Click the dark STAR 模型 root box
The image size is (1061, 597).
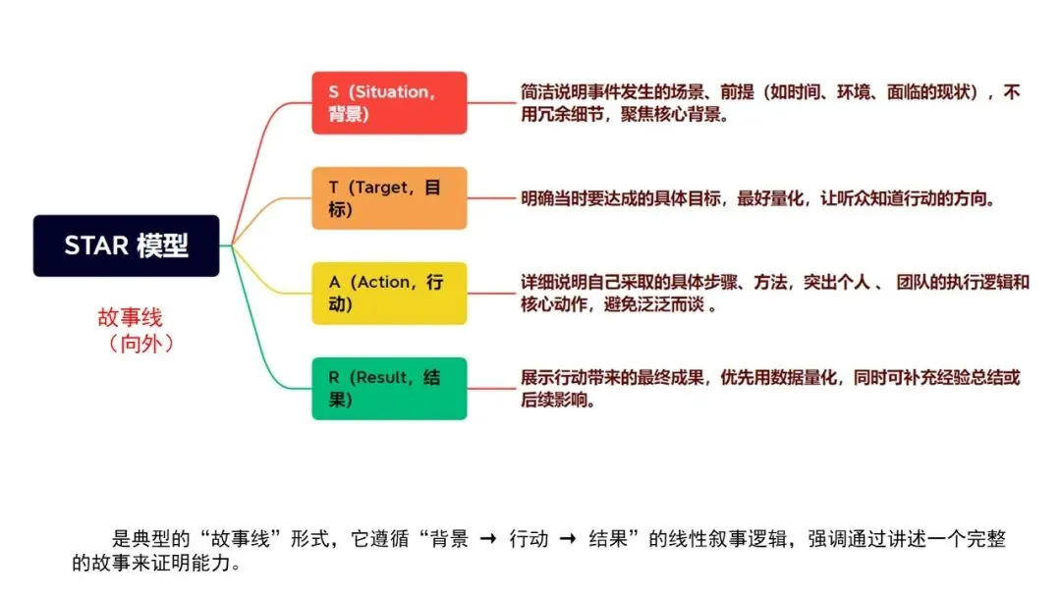[x=126, y=245]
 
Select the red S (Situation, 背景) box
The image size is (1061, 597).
[x=389, y=103]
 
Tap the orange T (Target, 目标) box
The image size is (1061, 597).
[x=389, y=198]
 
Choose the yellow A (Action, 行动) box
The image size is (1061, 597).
[x=389, y=294]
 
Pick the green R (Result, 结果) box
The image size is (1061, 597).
[x=389, y=389]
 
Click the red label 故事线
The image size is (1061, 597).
[x=129, y=317]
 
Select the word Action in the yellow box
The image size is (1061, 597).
[x=383, y=282]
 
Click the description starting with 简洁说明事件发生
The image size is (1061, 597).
[x=770, y=103]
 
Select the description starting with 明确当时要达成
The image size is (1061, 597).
[x=758, y=198]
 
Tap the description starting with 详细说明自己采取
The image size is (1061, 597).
[x=774, y=294]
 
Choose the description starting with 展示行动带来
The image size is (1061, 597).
[x=770, y=389]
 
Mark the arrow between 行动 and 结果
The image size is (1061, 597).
[x=569, y=539]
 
